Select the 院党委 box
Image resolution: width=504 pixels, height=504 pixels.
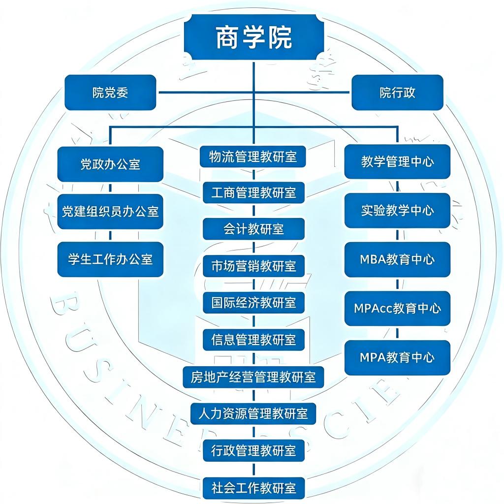110,93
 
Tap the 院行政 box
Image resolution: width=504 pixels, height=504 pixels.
397,93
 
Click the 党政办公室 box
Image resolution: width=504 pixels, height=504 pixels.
110,164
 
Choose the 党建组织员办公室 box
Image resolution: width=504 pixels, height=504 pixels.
110,212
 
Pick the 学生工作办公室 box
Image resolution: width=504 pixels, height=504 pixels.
110,259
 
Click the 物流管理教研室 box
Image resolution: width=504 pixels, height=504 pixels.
253,157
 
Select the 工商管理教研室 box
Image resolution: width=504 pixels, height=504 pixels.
253,192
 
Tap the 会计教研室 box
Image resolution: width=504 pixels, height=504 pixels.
253,229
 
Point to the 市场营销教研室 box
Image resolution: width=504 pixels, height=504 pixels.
253,266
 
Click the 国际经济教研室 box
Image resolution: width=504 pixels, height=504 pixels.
253,302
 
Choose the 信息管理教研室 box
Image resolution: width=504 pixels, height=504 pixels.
253,339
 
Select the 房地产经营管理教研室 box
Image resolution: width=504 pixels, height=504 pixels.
253,377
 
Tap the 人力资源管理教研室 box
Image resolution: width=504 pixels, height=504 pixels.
253,413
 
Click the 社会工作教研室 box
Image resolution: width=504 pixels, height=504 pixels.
253,488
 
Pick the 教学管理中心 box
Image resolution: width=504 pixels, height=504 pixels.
397,161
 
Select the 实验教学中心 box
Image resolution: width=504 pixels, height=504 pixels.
397,210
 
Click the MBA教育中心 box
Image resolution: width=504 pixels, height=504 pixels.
397,259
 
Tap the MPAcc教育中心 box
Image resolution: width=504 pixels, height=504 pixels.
397,308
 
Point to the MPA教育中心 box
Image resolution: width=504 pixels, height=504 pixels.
397,357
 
